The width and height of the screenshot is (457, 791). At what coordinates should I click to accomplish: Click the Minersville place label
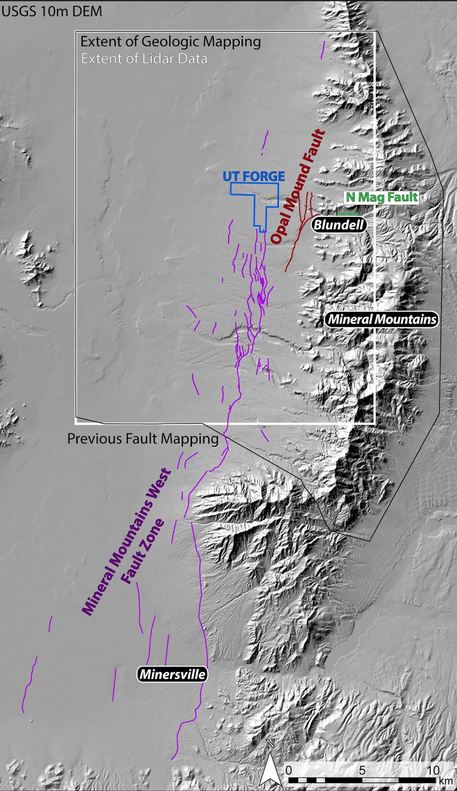[x=172, y=674]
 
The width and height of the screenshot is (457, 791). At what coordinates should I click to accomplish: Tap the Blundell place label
[x=339, y=225]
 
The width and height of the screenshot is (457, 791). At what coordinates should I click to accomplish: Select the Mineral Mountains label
[x=382, y=319]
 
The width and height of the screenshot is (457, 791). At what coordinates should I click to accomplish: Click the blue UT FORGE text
[x=253, y=176]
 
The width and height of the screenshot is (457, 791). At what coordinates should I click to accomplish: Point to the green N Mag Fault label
[x=381, y=197]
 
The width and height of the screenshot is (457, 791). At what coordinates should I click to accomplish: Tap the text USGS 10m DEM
[x=51, y=11]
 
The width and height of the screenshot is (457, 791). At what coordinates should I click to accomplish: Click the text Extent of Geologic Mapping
[x=171, y=42]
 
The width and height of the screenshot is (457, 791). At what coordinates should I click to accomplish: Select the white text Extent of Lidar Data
[x=144, y=59]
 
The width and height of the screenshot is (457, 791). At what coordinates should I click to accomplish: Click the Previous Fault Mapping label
[x=142, y=439]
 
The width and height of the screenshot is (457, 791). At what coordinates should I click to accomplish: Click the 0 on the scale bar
[x=289, y=770]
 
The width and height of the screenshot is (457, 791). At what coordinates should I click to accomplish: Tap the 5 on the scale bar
[x=362, y=770]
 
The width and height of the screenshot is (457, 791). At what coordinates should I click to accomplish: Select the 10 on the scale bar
[x=433, y=770]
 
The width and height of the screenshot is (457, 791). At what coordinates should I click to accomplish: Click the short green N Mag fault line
[x=349, y=214]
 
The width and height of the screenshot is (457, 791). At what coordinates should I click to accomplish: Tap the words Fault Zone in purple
[x=143, y=551]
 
